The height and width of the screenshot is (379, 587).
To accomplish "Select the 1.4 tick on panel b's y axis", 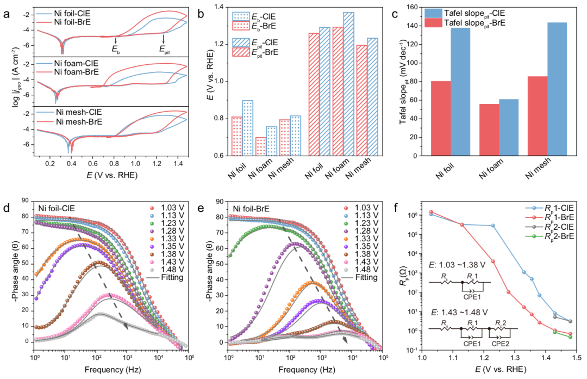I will point(218,7).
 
